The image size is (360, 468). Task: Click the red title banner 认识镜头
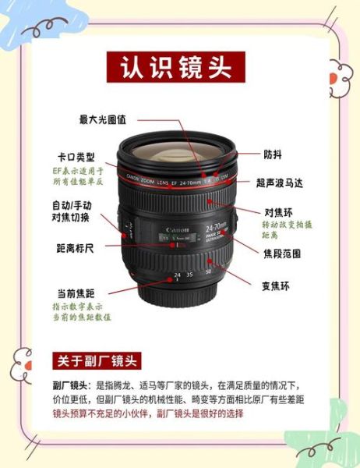176,66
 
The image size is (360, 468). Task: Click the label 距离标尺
75,248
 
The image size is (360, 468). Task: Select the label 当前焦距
76,293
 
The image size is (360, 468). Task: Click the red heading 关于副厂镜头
96,360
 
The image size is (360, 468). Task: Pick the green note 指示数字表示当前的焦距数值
82,312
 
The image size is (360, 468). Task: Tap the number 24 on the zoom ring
177,275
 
